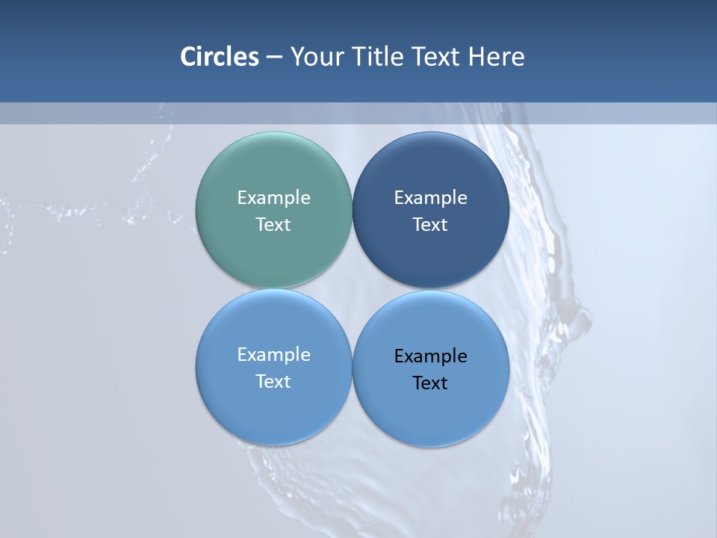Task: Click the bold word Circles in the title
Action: click(220, 57)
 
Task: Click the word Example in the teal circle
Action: click(273, 198)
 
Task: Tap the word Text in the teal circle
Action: click(273, 225)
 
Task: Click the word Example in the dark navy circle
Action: click(431, 198)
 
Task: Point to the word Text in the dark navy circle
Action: click(431, 225)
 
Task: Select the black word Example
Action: click(431, 356)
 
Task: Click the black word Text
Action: click(431, 383)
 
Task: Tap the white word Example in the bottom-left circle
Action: click(273, 355)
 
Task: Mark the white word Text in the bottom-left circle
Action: click(273, 382)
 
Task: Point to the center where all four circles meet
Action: click(352, 289)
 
